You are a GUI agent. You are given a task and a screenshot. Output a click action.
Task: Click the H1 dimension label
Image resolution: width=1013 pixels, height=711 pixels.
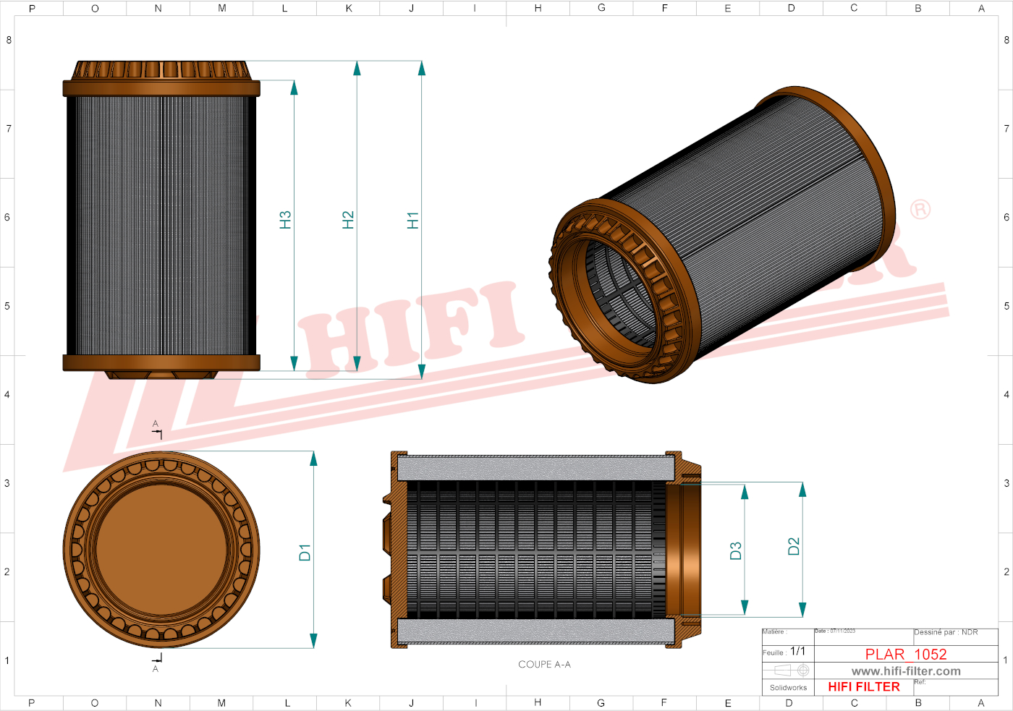coord(412,221)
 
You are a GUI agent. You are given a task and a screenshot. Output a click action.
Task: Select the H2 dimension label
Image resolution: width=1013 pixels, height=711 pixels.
coord(348,220)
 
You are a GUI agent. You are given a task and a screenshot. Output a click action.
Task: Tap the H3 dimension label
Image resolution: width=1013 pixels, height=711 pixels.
coord(285,220)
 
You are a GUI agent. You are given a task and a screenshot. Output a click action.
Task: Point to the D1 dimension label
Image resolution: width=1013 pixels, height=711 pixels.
coord(305,553)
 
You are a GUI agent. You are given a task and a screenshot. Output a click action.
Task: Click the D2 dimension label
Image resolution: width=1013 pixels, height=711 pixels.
coord(794,546)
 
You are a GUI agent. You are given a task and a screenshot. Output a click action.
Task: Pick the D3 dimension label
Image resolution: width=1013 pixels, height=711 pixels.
coord(736,551)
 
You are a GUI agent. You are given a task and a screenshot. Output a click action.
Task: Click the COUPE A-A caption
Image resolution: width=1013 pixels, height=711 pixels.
coord(544,664)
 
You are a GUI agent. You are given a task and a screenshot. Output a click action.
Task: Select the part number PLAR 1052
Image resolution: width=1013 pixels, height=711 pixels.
coord(905,654)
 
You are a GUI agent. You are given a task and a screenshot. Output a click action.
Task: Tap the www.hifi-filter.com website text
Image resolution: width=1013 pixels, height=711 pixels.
coord(905,671)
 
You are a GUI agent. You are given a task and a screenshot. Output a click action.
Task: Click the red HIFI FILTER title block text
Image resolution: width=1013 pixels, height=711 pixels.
coord(863,686)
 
